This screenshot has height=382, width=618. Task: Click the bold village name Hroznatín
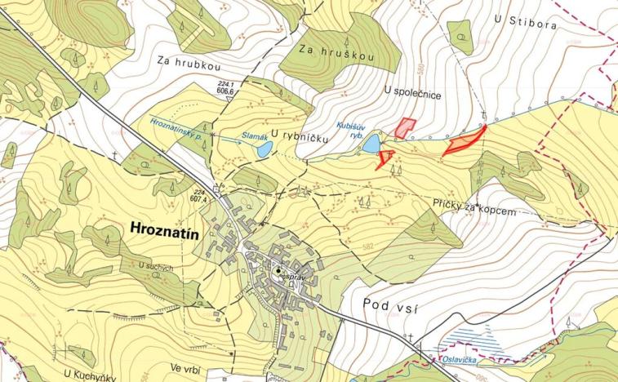167,230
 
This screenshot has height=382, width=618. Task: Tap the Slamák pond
265,149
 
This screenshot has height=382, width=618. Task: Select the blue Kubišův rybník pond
371,144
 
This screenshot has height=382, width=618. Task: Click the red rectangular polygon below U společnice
405,127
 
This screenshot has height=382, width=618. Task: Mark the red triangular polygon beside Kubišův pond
385,157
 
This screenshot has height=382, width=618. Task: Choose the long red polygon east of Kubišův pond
464,141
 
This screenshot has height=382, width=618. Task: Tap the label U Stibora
526,25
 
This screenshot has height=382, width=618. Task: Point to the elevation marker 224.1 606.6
227,87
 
